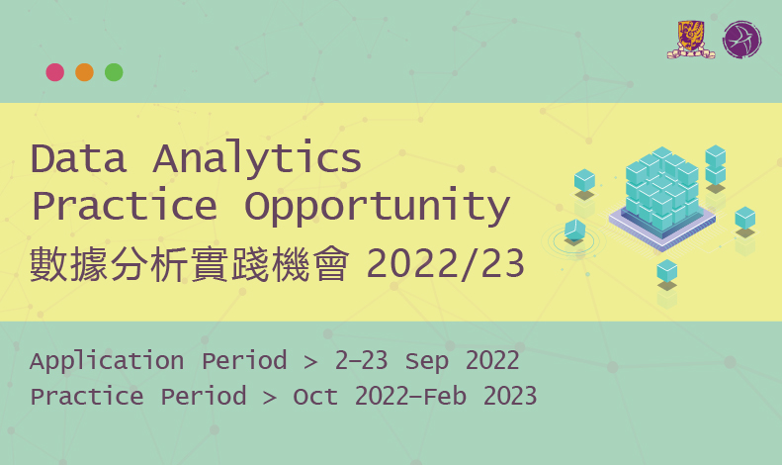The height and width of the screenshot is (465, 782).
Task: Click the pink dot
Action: (x=55, y=72)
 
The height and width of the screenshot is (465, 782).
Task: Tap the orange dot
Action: (x=84, y=72)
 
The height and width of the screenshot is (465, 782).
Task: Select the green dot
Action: (x=114, y=72)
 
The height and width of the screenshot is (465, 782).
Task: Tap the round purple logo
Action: (x=741, y=40)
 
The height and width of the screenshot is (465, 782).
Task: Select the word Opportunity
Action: (x=377, y=207)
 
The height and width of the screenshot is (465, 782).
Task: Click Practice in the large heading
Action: (x=124, y=207)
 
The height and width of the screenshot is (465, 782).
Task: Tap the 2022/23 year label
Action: (x=446, y=265)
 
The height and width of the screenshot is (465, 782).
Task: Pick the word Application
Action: (x=107, y=361)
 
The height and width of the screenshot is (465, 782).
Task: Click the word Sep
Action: (x=427, y=361)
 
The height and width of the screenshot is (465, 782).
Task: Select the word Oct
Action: (x=314, y=397)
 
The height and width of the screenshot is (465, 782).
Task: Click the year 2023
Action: (x=510, y=397)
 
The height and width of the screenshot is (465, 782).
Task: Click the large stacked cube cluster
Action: (x=660, y=193)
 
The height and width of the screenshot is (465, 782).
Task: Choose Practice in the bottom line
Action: (x=84, y=397)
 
